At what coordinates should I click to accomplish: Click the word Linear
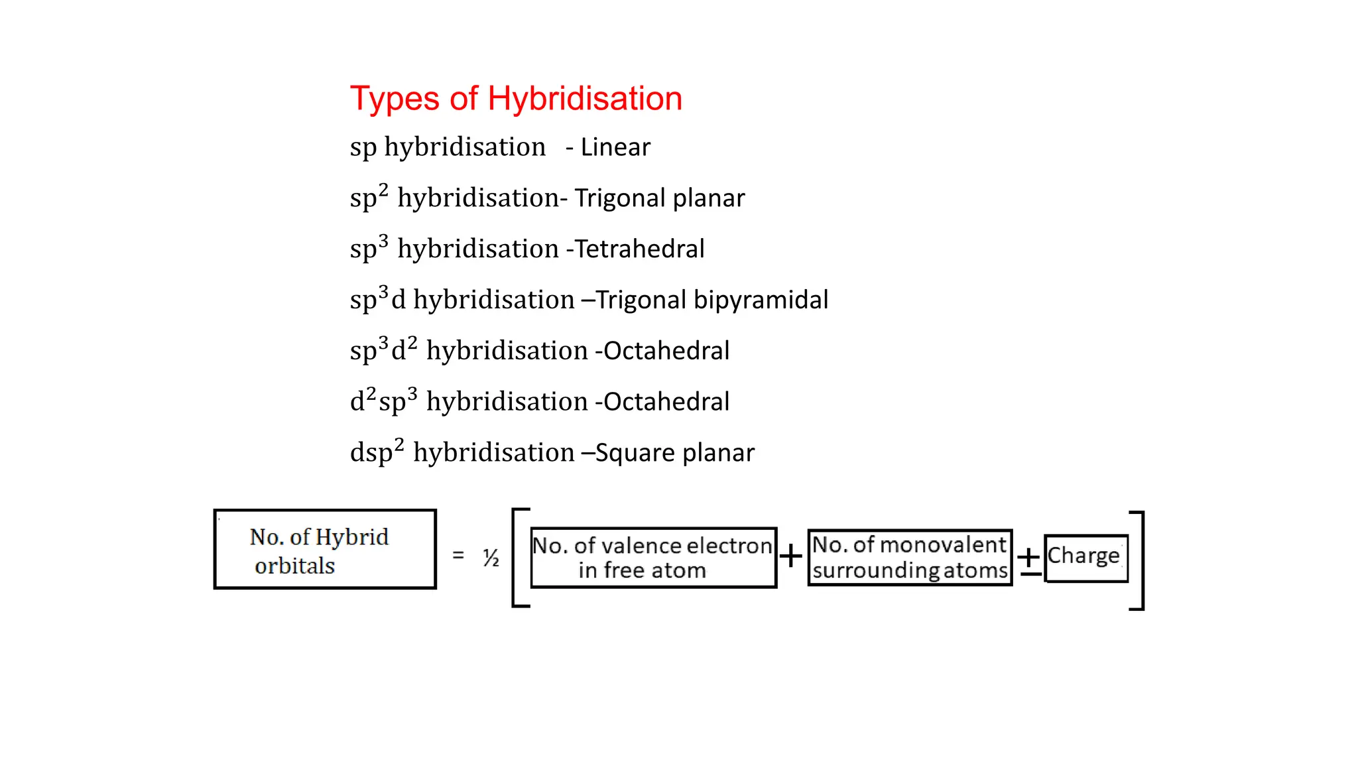(615, 147)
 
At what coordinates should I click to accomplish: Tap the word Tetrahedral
(639, 249)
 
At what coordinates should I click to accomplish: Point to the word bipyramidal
(761, 300)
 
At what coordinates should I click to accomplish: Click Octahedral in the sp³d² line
(666, 351)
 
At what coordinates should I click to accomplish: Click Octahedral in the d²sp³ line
(666, 402)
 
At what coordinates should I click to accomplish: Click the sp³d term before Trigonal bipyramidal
(377, 299)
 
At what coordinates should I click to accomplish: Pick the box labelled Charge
(1085, 557)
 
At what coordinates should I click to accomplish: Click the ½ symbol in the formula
(491, 558)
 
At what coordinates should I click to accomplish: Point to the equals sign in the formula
(458, 555)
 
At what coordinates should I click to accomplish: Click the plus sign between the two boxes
(790, 556)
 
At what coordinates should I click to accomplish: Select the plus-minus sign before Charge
(1029, 560)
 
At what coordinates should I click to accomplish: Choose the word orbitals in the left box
(294, 566)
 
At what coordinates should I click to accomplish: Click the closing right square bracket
(1138, 560)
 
